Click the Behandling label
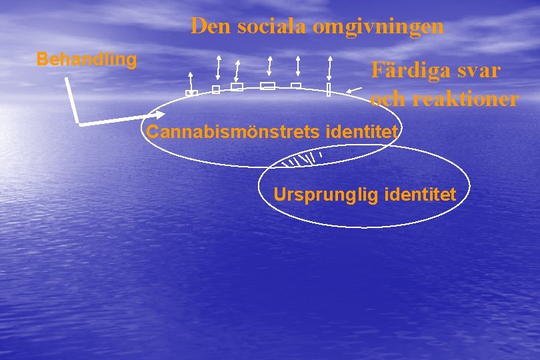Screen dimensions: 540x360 [87, 59]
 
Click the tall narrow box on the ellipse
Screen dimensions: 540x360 [329, 90]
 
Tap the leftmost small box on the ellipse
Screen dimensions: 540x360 [191, 93]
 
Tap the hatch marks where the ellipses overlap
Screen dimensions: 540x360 [300, 159]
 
